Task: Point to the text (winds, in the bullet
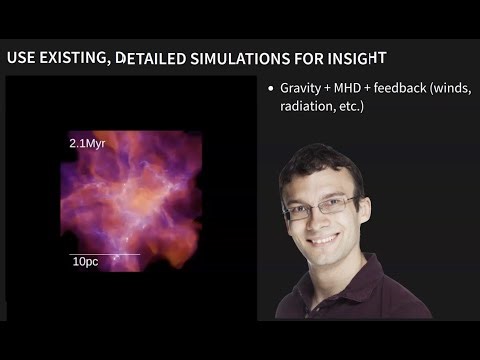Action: [451, 89]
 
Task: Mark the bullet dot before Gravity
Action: [271, 90]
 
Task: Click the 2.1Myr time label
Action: [87, 144]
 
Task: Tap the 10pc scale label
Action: [84, 261]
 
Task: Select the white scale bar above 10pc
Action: [104, 254]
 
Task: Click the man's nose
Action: [322, 220]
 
